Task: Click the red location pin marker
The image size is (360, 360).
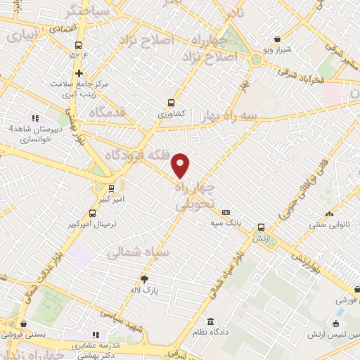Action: coord(181,165)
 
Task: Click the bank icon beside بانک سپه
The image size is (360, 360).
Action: coord(226,212)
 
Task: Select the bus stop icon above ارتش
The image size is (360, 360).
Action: coord(261,227)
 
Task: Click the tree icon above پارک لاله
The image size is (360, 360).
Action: coord(146,278)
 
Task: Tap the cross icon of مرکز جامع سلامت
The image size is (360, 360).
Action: coord(79,73)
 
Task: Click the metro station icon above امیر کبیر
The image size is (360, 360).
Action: coord(111,188)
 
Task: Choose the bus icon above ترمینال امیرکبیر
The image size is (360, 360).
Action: coord(92,213)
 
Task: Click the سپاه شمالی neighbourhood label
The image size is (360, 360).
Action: coord(136,250)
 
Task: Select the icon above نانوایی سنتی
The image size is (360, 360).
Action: coord(328,214)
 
